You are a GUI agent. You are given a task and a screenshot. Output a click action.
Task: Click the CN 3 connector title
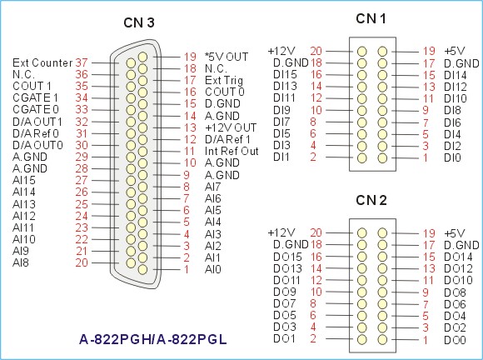tap(139, 22)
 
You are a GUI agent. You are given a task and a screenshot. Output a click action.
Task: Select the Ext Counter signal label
tap(42, 62)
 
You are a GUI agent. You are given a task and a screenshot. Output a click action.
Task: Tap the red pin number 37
tap(82, 62)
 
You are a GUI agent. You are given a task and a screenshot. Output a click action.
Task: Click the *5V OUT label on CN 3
tap(227, 57)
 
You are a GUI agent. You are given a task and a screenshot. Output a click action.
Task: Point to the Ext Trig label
tap(224, 81)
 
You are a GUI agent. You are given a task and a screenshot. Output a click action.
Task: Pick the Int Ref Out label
tap(232, 151)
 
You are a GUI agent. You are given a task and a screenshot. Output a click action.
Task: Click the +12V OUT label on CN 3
tap(231, 127)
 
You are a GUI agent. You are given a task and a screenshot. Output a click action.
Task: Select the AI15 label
tap(24, 180)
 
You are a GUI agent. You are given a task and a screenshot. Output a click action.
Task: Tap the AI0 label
tap(213, 269)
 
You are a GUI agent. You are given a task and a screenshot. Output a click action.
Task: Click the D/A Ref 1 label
tap(227, 139)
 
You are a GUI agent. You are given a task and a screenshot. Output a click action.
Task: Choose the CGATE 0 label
tap(36, 109)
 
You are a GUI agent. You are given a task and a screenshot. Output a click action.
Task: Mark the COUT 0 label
tap(225, 92)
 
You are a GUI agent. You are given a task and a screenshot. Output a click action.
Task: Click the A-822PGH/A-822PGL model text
tap(153, 339)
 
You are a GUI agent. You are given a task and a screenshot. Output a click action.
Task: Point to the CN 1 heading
tap(371, 19)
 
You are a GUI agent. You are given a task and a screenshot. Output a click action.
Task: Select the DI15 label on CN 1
tap(286, 75)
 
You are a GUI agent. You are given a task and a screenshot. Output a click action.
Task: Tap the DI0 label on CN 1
tap(452, 157)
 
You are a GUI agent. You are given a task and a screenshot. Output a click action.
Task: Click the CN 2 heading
tap(371, 200)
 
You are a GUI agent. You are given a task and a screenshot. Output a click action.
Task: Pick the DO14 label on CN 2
tap(458, 257)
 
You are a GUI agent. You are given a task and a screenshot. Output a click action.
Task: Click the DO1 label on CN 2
tap(284, 338)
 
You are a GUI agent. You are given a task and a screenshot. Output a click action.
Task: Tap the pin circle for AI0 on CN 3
tap(142, 269)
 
